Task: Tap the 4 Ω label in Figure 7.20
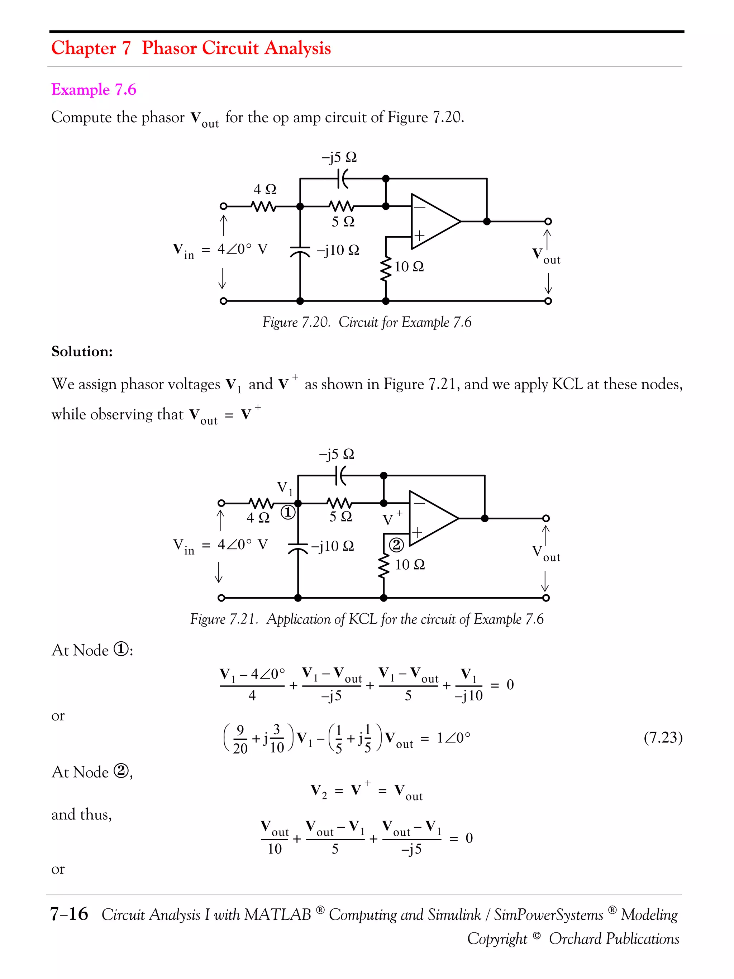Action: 264,189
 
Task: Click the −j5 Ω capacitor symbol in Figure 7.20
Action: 342,179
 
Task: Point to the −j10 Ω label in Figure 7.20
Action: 338,251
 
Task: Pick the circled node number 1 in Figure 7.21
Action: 288,513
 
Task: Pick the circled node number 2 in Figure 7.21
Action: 396,545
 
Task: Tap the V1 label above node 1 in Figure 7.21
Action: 285,488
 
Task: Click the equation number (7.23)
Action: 663,737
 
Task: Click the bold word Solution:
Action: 82,351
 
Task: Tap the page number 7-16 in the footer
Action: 69,914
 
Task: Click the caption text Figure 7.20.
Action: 296,322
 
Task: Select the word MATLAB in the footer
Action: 277,915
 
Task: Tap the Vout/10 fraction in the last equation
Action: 274,839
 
